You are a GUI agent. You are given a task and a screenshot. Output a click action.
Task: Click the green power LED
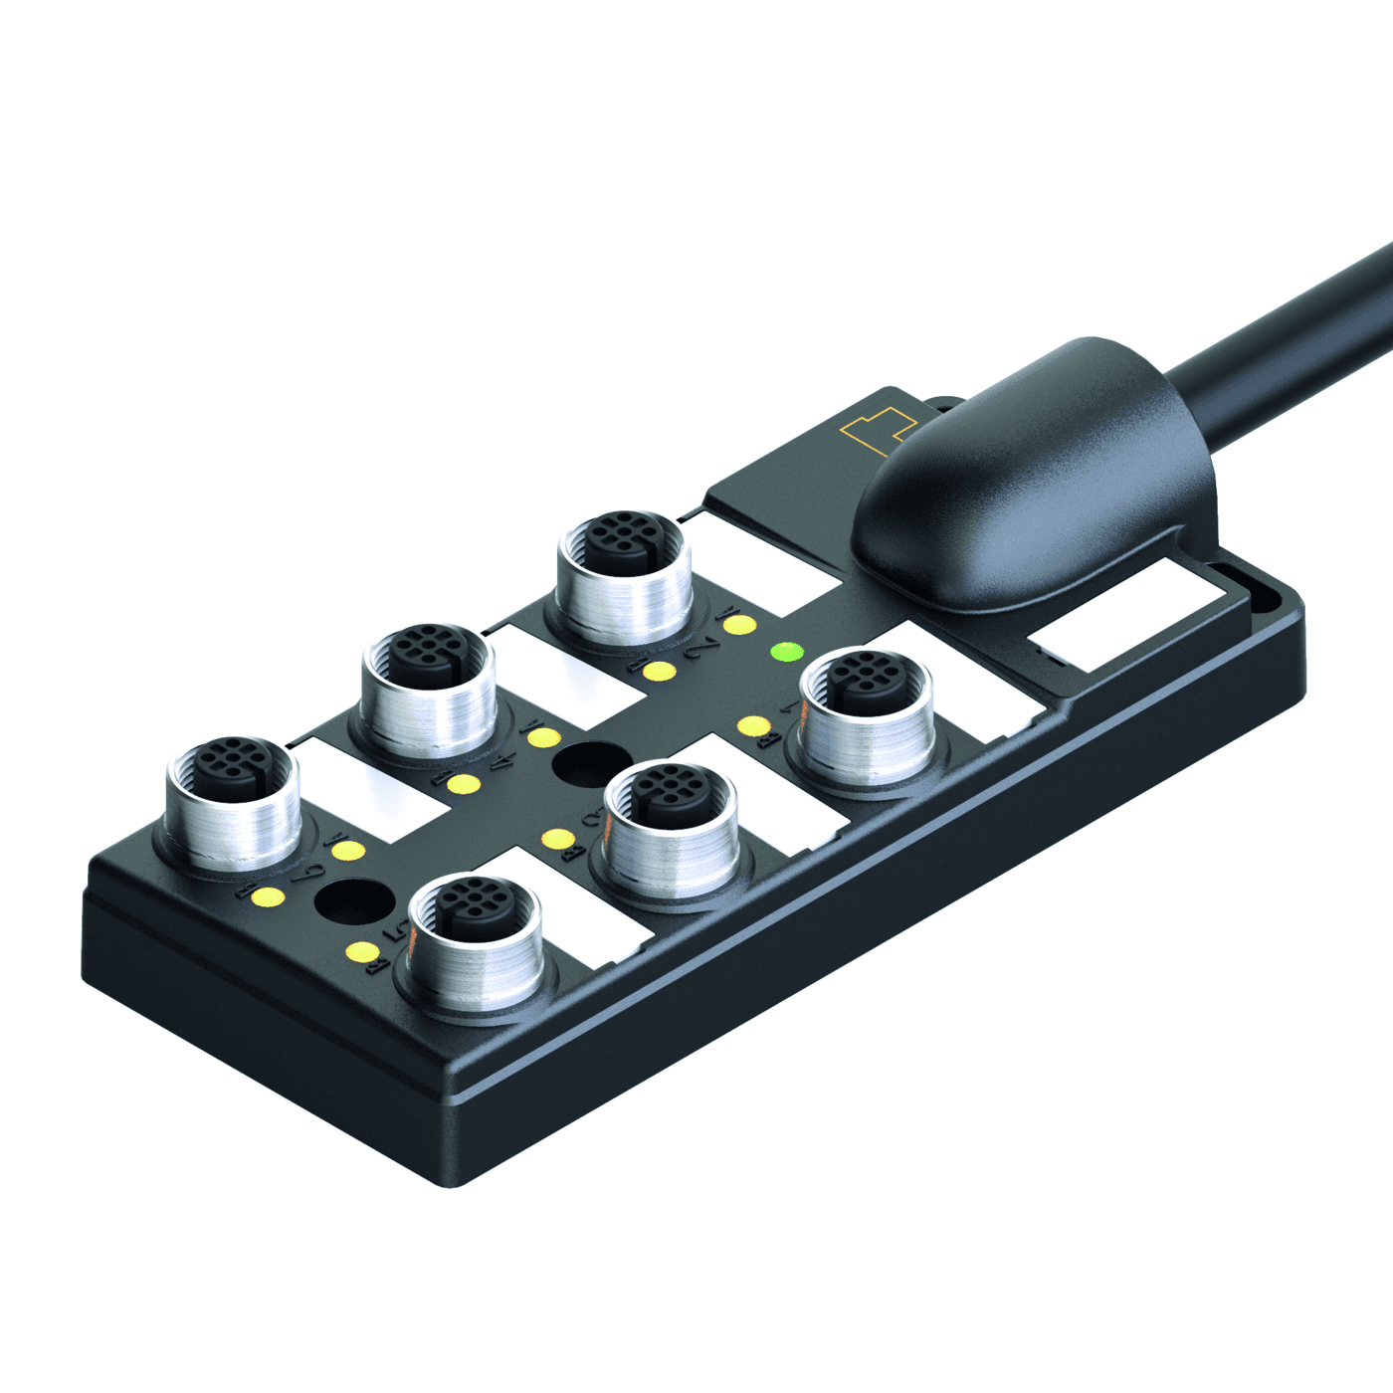[x=787, y=652]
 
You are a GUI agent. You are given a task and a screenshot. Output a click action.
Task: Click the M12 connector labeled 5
[x=476, y=934]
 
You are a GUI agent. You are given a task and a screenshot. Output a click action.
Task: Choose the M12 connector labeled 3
[x=672, y=824]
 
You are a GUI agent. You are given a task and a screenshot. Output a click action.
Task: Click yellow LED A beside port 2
[x=738, y=625]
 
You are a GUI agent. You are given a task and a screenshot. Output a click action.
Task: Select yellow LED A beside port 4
[x=543, y=737]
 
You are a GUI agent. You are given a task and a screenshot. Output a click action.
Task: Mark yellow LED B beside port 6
[x=266, y=897]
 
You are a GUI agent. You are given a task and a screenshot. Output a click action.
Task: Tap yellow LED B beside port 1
[x=753, y=726]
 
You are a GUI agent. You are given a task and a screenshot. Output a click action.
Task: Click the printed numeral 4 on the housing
[x=502, y=764]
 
